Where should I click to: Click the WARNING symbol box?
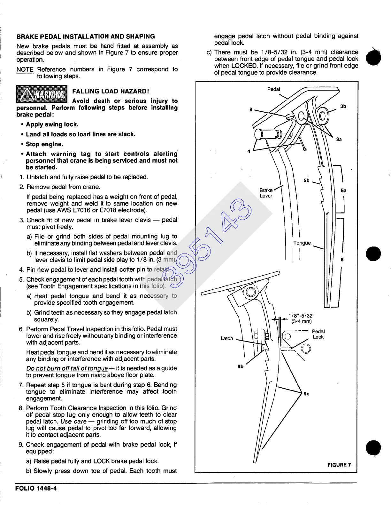point(42,94)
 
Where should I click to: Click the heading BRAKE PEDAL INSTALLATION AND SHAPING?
point(86,36)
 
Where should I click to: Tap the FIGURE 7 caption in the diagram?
point(339,465)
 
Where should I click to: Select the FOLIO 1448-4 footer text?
point(36,488)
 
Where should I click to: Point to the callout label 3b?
point(343,106)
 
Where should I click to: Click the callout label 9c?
point(307,394)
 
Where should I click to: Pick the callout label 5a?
point(343,190)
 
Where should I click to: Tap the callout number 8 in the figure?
point(251,109)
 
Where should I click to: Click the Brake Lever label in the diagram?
point(266,193)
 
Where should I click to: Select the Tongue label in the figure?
point(302,243)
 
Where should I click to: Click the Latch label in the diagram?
point(227,338)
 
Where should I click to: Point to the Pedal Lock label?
point(318,334)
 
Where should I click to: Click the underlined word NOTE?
point(25,69)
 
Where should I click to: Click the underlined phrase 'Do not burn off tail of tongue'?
point(67,368)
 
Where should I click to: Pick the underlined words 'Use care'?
point(73,422)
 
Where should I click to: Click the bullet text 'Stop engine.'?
point(44,144)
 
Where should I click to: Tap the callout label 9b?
point(240,366)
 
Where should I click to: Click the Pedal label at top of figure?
point(273,89)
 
